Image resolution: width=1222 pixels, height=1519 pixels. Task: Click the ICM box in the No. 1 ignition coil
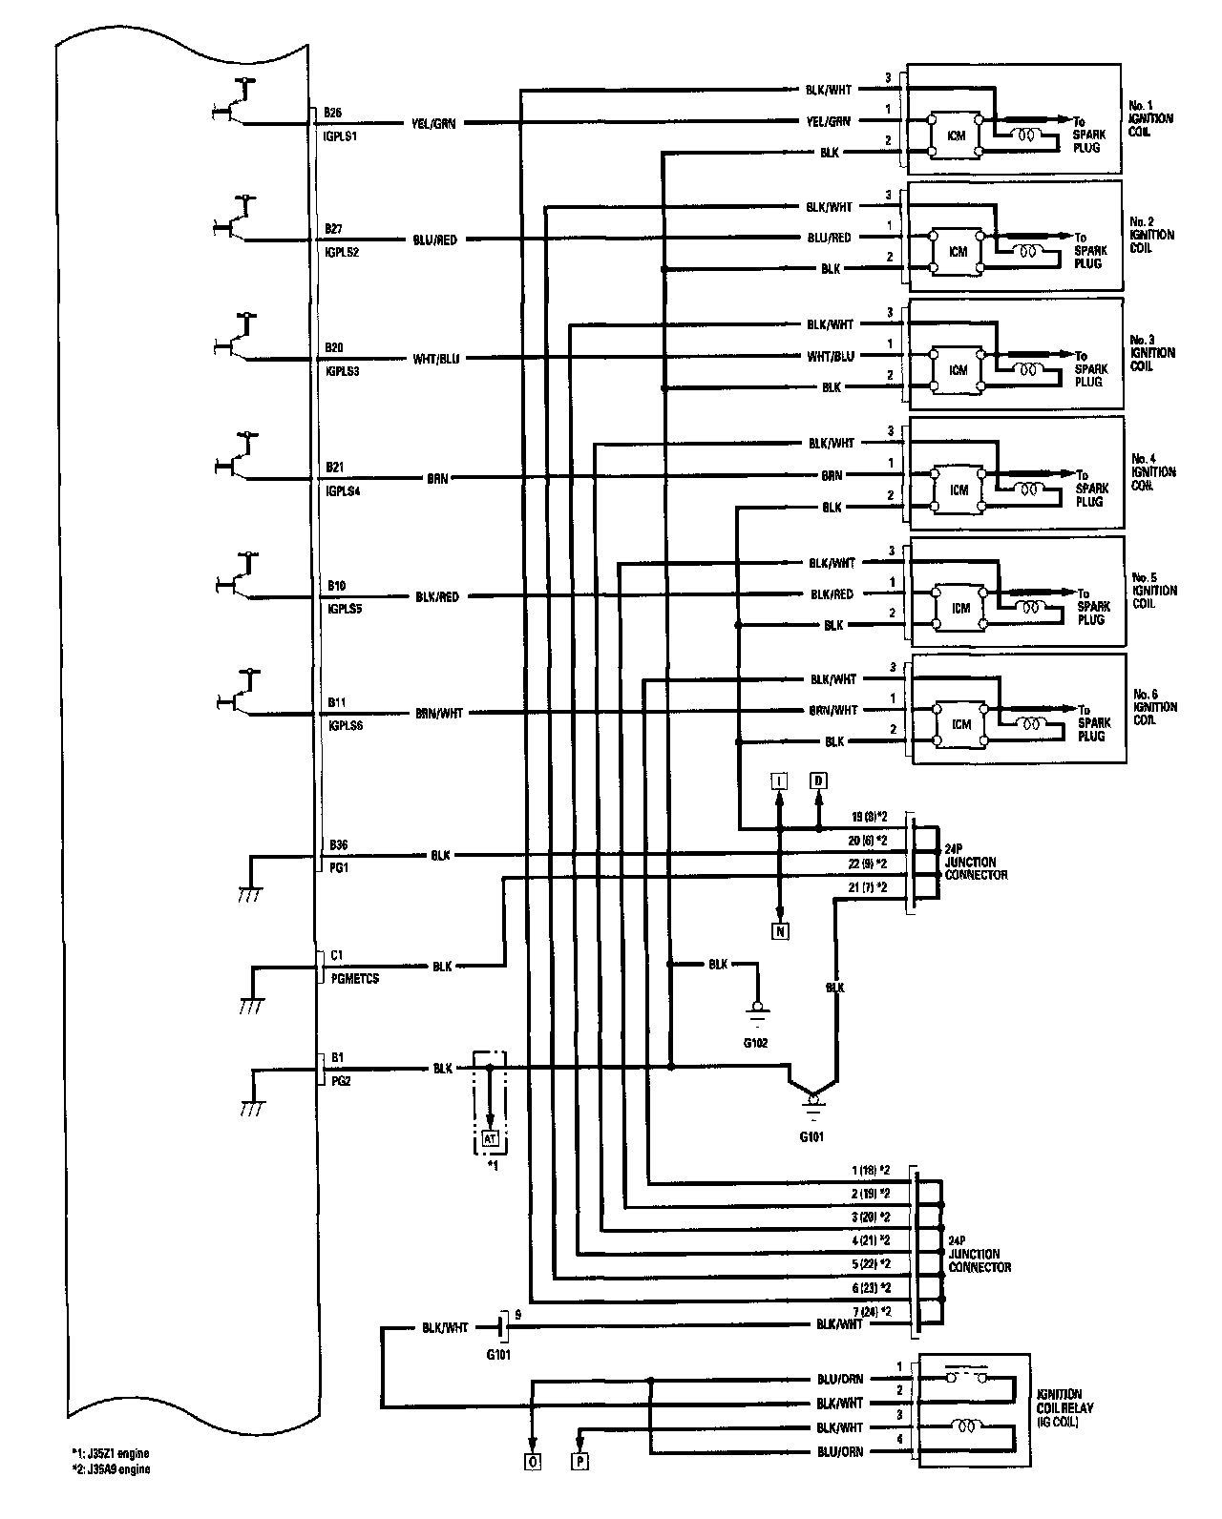[956, 135]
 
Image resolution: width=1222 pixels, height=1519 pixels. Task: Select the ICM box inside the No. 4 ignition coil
[959, 489]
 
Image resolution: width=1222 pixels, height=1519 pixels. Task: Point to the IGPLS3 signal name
[342, 371]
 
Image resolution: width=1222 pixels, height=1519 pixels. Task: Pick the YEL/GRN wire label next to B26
[433, 124]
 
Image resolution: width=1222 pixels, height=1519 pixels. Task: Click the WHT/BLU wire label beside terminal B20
[435, 359]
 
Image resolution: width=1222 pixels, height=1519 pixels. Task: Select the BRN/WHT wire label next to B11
[438, 713]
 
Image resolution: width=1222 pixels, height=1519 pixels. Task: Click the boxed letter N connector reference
[780, 931]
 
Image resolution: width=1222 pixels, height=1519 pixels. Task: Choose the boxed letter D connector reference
[818, 781]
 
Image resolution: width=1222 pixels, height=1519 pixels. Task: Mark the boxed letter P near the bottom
[580, 1487]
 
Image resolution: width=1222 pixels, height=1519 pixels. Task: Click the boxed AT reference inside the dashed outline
[490, 1138]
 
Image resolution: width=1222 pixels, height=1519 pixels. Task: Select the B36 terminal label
[338, 844]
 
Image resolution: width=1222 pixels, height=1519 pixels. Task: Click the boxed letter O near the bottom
[533, 1487]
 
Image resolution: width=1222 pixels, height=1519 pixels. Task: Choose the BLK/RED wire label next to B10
[436, 597]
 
